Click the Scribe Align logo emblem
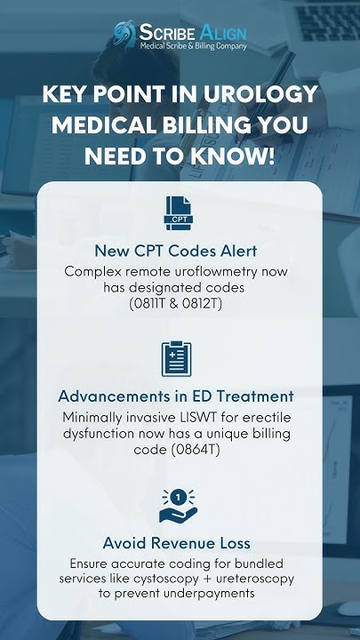pos(125,35)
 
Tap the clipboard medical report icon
pos(179,358)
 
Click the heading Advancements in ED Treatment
pos(180,396)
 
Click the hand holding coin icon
pos(179,504)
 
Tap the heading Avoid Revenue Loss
pos(180,542)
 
